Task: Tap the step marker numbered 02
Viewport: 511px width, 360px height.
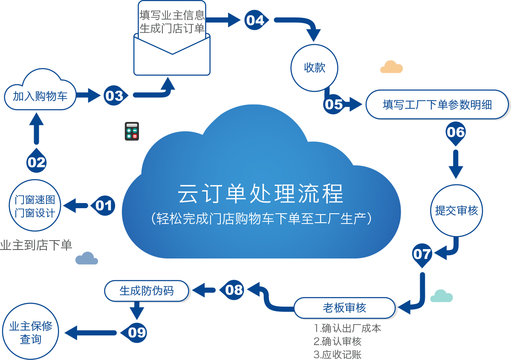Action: coord(37,162)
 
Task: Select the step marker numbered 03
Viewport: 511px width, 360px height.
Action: coord(114,96)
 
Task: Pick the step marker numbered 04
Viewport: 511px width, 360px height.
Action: coord(255,20)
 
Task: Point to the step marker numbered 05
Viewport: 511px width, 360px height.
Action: coord(334,104)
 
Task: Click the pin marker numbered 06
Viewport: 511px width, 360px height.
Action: coord(455,132)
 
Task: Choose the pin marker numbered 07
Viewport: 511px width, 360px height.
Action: coord(422,254)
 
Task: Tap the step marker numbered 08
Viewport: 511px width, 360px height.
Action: coord(234,290)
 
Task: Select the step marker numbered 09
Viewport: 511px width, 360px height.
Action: coord(136,332)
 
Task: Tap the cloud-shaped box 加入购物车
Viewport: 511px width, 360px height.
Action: coord(40,95)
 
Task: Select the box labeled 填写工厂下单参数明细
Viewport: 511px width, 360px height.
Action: coord(437,105)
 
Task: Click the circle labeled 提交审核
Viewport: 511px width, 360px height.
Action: coord(456,210)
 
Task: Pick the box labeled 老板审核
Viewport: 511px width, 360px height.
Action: coord(344,308)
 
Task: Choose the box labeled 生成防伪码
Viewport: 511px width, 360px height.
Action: coord(146,290)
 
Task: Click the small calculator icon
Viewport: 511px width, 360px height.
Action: coord(131,131)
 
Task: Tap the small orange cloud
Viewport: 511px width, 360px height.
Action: coord(392,67)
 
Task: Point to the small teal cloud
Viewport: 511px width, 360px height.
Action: coord(441,296)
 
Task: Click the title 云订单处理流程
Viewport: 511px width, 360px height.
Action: coord(260,194)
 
